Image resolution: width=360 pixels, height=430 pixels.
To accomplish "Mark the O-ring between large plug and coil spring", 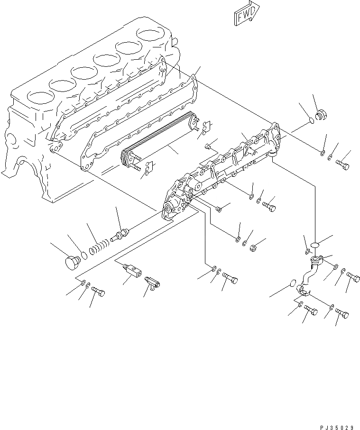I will (83, 255).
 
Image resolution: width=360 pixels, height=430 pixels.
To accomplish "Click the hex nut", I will (253, 247).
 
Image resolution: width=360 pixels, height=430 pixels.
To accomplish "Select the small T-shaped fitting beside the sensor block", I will (153, 283).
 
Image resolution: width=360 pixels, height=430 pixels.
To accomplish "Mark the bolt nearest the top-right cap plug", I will (343, 165).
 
